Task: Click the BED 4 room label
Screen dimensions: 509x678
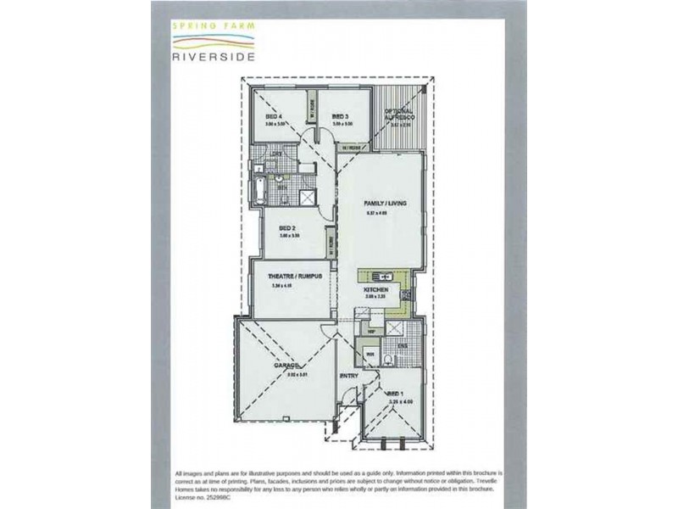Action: coord(273,116)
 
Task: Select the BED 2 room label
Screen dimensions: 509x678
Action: coord(286,228)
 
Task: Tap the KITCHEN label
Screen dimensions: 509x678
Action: coord(375,291)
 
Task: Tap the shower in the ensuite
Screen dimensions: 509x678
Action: coord(395,329)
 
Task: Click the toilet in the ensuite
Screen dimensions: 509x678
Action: coord(387,361)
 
